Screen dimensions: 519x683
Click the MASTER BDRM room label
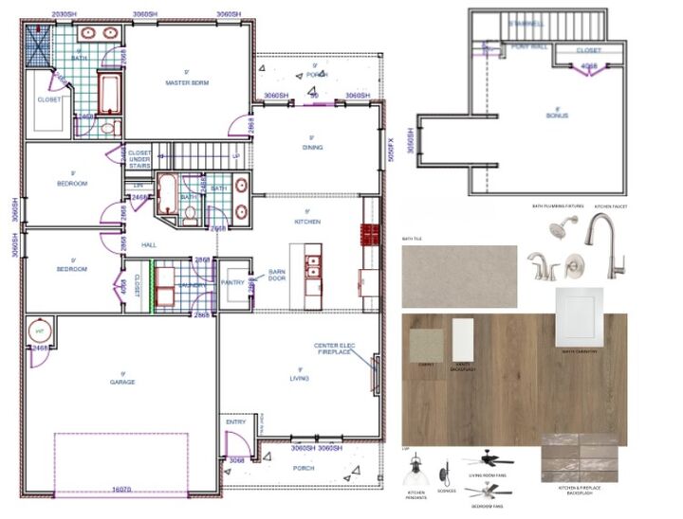pyautogui.click(x=187, y=83)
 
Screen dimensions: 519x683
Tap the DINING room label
pyautogui.click(x=312, y=148)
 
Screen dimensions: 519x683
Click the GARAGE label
pyautogui.click(x=122, y=382)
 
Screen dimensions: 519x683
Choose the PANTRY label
pyautogui.click(x=232, y=282)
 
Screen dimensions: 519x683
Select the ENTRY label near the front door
pyautogui.click(x=235, y=422)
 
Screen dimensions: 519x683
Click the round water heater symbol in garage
pyautogui.click(x=42, y=331)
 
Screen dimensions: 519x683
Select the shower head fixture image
pyautogui.click(x=560, y=228)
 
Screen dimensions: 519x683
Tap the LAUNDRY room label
pyautogui.click(x=193, y=283)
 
